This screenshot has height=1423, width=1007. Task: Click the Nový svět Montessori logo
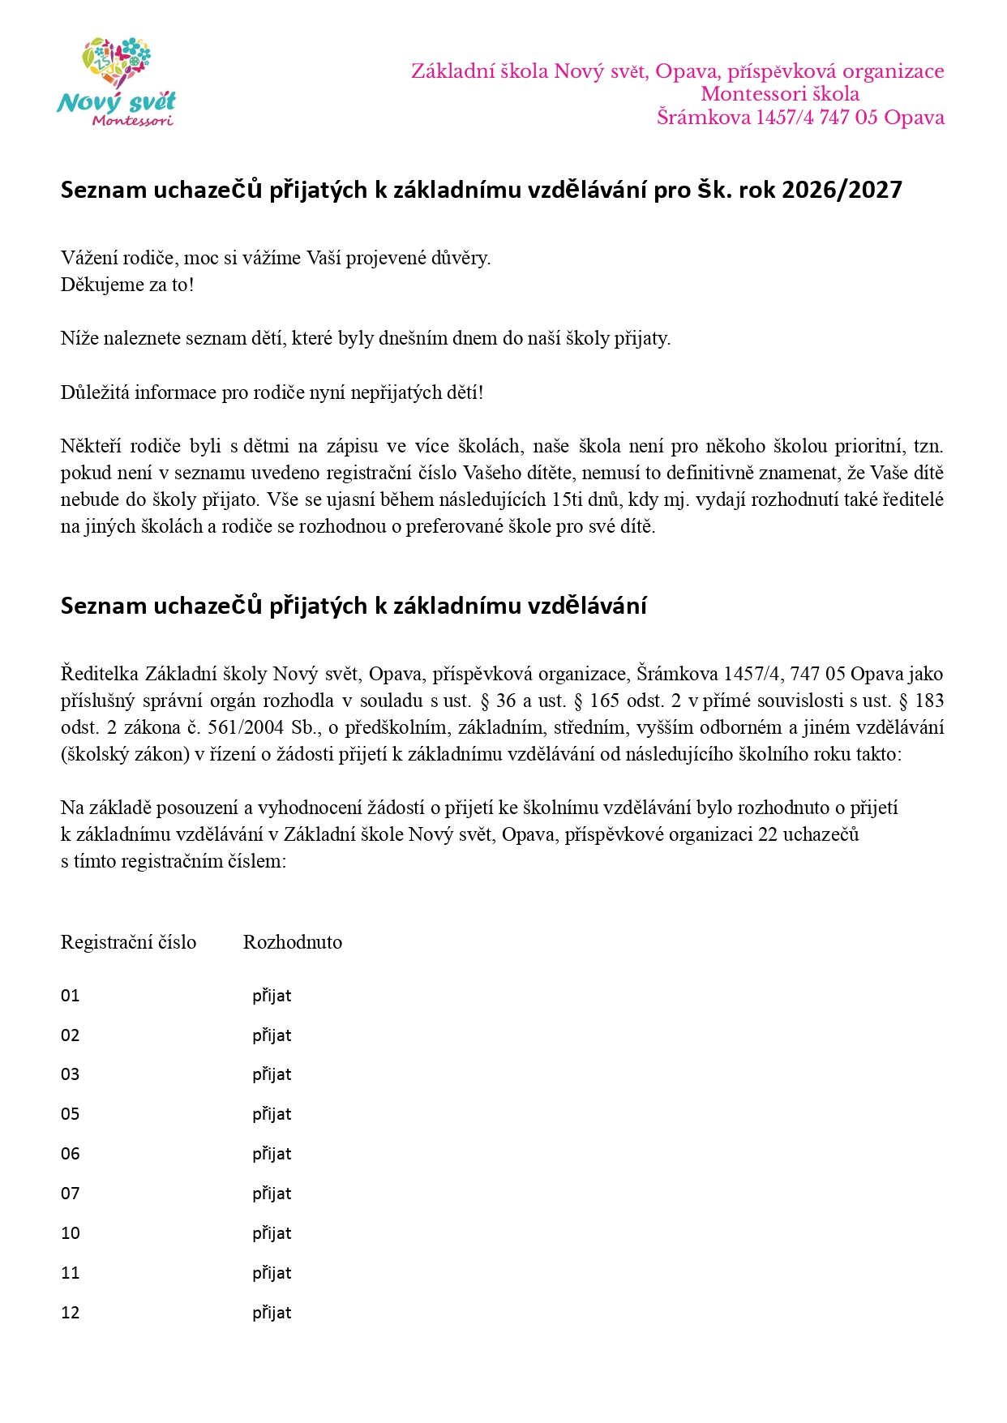click(117, 83)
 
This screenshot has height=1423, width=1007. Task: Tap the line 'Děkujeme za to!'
click(127, 285)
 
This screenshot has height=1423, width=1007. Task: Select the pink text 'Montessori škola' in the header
click(780, 94)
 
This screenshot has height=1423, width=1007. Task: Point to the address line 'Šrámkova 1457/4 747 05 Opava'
click(800, 118)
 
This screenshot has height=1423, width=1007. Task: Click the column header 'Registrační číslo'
click(128, 942)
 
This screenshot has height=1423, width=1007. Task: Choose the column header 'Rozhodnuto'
click(293, 942)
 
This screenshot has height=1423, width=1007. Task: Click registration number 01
click(71, 996)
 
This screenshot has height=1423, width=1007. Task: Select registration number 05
click(71, 1114)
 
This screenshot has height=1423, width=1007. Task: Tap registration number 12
click(71, 1313)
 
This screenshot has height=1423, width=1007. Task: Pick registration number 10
click(71, 1233)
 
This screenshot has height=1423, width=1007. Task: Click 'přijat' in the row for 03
click(272, 1074)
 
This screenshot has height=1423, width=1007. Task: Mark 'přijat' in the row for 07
click(272, 1194)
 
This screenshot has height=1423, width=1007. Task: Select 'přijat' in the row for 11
click(272, 1273)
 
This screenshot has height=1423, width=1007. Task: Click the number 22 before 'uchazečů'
click(768, 834)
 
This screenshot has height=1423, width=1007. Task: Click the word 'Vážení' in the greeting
click(88, 258)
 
